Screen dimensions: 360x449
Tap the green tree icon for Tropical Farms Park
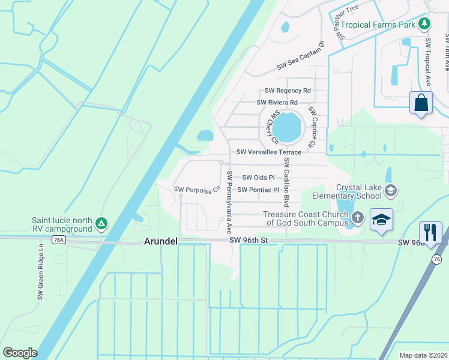click(x=424, y=24)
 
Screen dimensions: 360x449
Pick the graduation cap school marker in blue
click(x=381, y=219)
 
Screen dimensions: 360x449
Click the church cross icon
click(x=358, y=218)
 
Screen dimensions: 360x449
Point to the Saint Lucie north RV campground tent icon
click(x=101, y=224)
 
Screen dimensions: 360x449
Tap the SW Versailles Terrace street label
click(x=268, y=153)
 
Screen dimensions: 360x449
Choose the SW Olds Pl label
click(x=258, y=178)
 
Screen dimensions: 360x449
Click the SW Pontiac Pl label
click(x=259, y=190)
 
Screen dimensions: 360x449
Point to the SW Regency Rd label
click(x=288, y=91)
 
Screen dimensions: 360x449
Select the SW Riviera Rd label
click(x=277, y=103)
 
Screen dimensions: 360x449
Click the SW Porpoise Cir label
click(x=194, y=190)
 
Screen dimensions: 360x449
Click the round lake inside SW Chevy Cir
click(x=287, y=127)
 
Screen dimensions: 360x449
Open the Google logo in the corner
click(x=20, y=353)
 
